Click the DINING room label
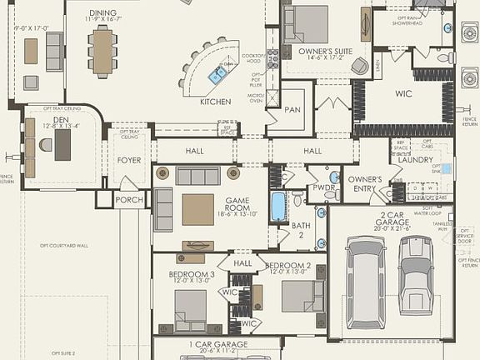102,13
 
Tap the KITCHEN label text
215,102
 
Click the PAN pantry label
292,109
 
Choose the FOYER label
129,159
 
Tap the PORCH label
128,200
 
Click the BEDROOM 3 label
192,273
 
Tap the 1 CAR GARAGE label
217,344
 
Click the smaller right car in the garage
417,272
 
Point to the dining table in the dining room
102,52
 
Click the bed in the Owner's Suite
309,24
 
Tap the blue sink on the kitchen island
218,76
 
